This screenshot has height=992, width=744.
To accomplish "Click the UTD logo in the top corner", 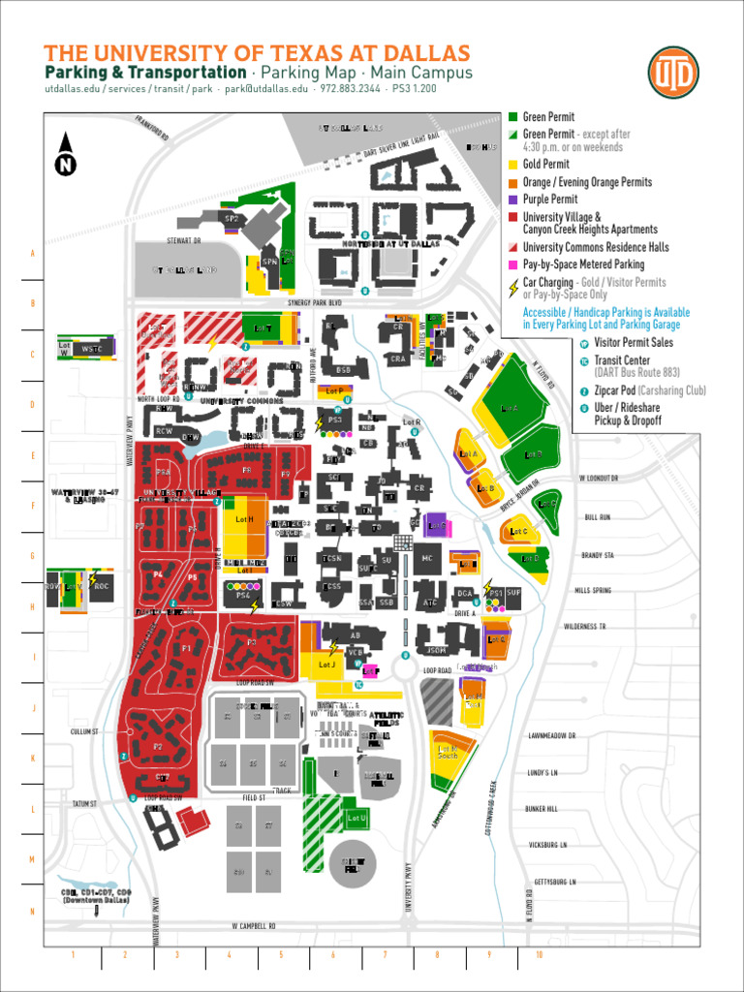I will [672, 72].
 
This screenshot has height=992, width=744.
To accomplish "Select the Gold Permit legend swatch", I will [512, 165].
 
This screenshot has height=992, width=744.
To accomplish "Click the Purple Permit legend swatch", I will [512, 200].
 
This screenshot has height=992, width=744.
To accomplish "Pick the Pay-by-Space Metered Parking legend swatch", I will [512, 263].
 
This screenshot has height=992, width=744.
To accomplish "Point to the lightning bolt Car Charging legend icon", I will [512, 288].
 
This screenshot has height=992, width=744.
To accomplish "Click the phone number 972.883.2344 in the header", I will [350, 88].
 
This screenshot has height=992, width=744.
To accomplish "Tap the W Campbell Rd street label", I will [254, 926].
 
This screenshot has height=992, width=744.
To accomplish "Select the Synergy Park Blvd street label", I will [314, 302].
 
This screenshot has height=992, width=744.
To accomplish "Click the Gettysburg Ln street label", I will [555, 883].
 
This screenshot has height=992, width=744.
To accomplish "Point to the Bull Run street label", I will [597, 517].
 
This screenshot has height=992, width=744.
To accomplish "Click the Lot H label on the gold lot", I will [244, 520].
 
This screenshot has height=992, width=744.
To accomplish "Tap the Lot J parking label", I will [326, 665].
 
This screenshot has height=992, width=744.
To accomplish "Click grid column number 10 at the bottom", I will [538, 954].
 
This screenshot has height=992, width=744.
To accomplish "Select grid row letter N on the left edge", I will [32, 911].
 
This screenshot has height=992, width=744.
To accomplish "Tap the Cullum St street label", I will [84, 731].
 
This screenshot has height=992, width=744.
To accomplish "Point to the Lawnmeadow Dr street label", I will [552, 736].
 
